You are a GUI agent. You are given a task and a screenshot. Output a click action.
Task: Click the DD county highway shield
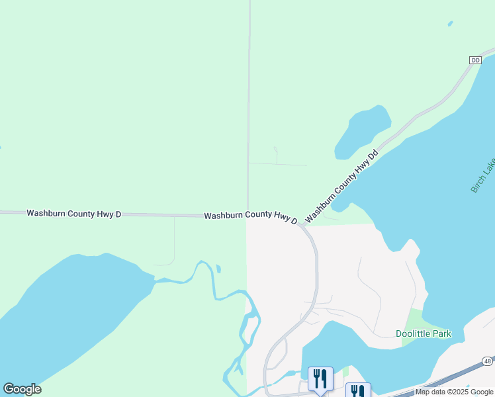pos(475,60)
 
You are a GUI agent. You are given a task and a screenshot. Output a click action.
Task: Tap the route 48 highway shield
pos(487,361)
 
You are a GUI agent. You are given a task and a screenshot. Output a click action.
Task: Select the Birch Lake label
pos(479,176)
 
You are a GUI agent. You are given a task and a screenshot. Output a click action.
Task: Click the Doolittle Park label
pos(424,333)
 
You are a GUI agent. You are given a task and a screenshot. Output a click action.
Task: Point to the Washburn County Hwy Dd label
pos(341,186)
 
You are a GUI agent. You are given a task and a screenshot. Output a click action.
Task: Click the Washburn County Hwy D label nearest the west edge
pos(74,213)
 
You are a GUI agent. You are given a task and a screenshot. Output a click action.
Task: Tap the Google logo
pos(22,389)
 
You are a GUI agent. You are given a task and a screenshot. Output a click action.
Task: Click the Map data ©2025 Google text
pos(454,392)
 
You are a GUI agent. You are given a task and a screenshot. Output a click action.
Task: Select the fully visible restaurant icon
pos(320,379)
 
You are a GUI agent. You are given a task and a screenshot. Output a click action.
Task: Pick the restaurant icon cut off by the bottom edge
pos(358,390)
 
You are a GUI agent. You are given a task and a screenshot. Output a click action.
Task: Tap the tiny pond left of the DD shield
pos(450,24)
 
